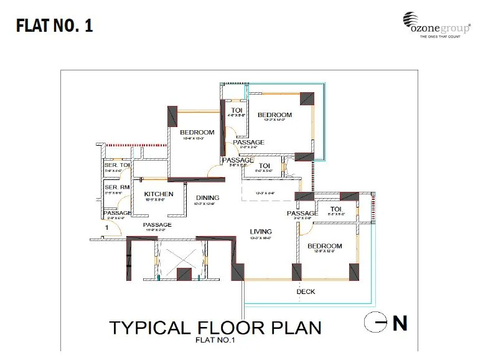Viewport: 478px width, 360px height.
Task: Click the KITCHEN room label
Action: [x=155, y=194]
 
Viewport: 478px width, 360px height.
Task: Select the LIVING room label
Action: [x=261, y=232]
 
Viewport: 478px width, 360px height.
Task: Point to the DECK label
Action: [x=306, y=291]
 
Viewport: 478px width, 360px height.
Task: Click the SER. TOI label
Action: [x=116, y=166]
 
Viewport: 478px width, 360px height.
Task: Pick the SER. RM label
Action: [x=116, y=187]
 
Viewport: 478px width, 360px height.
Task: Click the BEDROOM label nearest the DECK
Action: [x=325, y=246]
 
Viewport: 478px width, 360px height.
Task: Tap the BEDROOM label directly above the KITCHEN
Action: [x=197, y=132]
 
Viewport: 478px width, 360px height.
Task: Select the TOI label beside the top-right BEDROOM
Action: [x=237, y=110]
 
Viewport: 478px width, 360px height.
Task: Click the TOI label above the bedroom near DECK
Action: [x=336, y=209]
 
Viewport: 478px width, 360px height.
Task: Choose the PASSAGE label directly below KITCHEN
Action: [x=157, y=225]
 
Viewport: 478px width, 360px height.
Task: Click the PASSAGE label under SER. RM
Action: [x=117, y=213]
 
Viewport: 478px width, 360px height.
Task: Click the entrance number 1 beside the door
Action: [x=107, y=229]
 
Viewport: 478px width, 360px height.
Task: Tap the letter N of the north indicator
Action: [x=399, y=323]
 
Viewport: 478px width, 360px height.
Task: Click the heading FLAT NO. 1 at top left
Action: [x=54, y=27]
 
